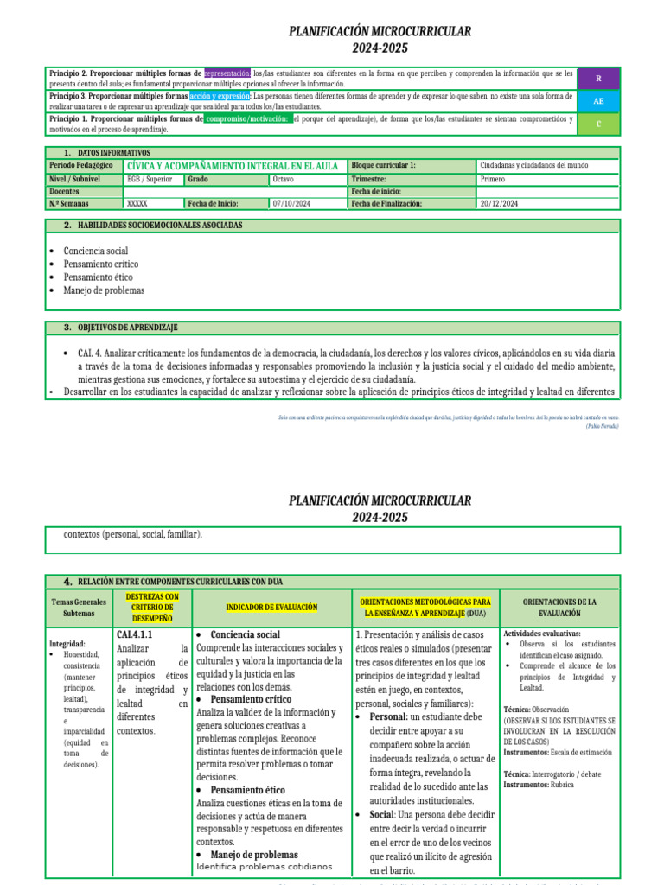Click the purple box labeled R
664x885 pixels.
coord(598,78)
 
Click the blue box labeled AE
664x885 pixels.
coord(598,101)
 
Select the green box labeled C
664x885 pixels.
coord(598,124)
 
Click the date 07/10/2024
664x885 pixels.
coord(290,204)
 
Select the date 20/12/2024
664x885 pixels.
coord(499,204)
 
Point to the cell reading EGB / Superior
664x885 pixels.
coord(150,179)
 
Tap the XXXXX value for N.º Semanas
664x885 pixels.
coord(137,204)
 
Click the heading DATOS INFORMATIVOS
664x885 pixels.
coord(113,152)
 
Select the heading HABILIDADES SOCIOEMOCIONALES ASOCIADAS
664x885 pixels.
coord(160,226)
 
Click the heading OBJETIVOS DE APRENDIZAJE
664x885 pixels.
coord(127,328)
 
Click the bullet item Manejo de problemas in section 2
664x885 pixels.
coord(104,290)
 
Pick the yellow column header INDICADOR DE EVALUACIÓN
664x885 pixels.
coord(271,608)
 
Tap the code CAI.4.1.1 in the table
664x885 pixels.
coord(135,635)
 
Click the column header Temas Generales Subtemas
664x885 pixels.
coord(79,608)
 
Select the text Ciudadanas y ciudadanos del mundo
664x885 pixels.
coord(534,165)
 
